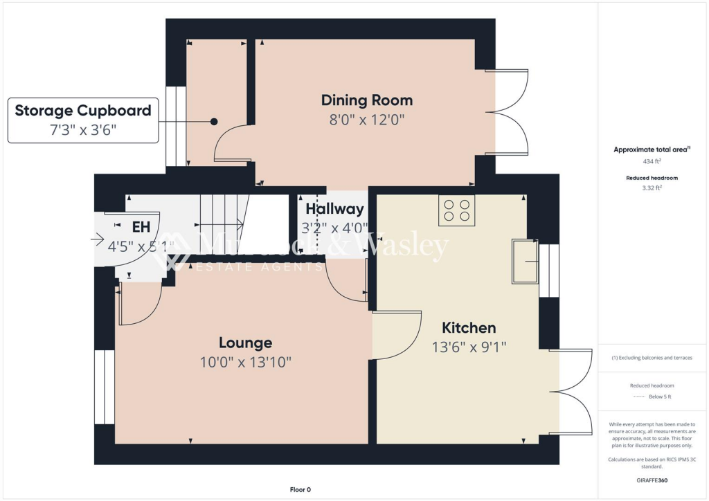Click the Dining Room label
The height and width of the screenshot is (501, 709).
(366, 100)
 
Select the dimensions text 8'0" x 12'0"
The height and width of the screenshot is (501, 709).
(366, 119)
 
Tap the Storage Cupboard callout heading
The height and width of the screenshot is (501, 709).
(83, 111)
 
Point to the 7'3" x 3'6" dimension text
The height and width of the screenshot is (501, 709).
(83, 129)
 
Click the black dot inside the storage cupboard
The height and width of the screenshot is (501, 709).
(214, 122)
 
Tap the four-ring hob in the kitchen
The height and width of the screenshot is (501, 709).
(456, 210)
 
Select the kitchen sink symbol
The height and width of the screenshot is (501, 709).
(525, 261)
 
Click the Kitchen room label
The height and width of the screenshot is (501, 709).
(469, 328)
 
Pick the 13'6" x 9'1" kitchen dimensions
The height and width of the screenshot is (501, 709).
(469, 347)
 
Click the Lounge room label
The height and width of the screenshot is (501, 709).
(245, 343)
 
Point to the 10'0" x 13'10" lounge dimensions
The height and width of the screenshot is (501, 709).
(245, 361)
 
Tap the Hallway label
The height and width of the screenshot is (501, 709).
(334, 209)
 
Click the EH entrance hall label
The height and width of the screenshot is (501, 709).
(141, 226)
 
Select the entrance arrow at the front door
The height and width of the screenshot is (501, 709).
(97, 240)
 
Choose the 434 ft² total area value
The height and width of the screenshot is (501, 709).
(653, 161)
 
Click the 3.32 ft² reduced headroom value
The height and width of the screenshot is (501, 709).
(653, 187)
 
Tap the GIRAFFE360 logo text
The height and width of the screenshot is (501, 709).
(653, 480)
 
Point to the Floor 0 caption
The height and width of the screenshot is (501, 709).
(300, 490)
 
